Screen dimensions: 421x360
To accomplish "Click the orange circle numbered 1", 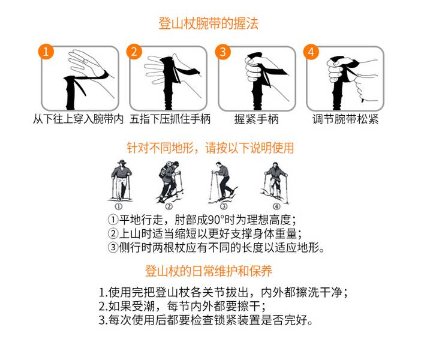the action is point(46,52).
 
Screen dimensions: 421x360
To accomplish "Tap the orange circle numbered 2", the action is point(134,52).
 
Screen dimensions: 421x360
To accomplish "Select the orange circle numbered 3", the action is point(223,52).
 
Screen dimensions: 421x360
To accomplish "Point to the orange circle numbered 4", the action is point(311,52).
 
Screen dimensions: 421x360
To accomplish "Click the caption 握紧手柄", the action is point(257,119).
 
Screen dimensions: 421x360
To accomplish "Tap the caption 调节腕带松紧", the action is point(345,119).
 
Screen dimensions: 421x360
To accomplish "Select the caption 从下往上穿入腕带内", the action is point(78,119).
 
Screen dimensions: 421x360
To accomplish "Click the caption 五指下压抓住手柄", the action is point(170,119).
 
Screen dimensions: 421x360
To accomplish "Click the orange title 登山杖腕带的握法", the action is point(208,23).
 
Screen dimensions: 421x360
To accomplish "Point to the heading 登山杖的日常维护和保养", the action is point(209,271).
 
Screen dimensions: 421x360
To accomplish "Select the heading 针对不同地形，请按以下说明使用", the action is point(210,148).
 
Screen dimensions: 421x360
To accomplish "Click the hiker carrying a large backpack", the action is point(170,182).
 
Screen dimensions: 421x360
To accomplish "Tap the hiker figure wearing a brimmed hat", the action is point(121,181).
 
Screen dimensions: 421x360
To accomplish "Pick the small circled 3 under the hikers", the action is point(224,206).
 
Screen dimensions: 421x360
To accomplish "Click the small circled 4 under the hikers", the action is point(276,206).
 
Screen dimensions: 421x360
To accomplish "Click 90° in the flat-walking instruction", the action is point(216,220).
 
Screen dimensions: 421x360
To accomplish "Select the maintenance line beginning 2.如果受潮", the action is point(182,306).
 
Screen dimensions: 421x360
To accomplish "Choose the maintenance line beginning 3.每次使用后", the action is point(206,320).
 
